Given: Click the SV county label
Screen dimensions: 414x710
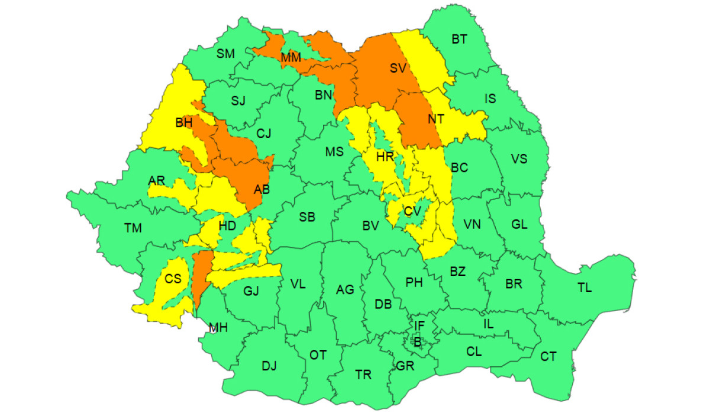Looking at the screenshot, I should [398, 68].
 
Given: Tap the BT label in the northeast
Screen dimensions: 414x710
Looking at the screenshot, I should [459, 40].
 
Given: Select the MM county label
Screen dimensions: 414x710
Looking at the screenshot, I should [291, 57].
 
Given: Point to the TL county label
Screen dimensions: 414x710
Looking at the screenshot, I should [585, 288].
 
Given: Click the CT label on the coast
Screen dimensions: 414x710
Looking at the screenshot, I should [548, 357].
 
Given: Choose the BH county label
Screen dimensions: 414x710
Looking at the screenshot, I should [184, 123].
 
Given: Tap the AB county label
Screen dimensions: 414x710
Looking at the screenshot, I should [262, 190].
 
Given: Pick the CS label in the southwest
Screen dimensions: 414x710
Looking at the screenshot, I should [173, 278].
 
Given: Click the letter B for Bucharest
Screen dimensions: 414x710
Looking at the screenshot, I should [417, 341].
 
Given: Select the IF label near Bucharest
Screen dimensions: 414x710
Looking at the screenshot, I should [419, 325].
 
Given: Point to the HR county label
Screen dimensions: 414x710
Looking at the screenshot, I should [385, 157].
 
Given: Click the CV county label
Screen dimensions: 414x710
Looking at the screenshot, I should [412, 211].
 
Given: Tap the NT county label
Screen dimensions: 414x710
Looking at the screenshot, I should [435, 119].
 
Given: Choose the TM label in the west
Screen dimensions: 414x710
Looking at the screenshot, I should [133, 228].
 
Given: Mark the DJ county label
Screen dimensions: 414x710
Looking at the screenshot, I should [269, 366].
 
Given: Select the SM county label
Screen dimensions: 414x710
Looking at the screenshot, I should [225, 54].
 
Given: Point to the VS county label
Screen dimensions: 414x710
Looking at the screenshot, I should [519, 159].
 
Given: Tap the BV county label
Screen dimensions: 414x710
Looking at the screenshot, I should [370, 225].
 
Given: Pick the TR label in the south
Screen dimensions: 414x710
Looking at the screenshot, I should [363, 375].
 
